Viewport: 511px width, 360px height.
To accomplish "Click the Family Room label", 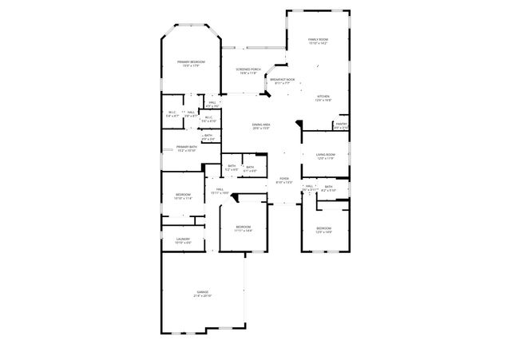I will click(x=319, y=39).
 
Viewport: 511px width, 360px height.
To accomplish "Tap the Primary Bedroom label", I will click(x=191, y=62).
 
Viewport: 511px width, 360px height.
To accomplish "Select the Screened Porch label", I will click(x=248, y=69).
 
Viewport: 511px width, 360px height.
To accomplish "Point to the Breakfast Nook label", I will click(x=283, y=79).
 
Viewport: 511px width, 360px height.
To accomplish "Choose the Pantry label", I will click(x=341, y=124).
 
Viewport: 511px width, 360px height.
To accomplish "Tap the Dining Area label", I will click(x=261, y=125).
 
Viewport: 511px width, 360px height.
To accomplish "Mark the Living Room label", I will click(x=325, y=155).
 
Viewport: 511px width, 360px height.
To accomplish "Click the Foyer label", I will click(x=283, y=179).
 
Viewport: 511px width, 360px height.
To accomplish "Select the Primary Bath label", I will click(x=187, y=147).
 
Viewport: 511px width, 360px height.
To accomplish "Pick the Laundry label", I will click(x=183, y=239).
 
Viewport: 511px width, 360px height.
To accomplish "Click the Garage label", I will click(x=203, y=292).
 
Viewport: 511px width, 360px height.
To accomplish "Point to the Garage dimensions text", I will click(x=203, y=296).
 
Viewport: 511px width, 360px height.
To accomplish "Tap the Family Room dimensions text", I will click(x=319, y=43).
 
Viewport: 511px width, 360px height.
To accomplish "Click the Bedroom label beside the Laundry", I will click(x=184, y=195).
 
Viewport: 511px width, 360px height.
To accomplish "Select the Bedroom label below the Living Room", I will click(x=323, y=228).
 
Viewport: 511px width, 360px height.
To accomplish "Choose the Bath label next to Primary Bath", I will click(x=208, y=136).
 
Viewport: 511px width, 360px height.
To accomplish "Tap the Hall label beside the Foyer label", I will click(x=310, y=186).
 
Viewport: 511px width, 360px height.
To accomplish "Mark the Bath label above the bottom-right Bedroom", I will click(x=328, y=187).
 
